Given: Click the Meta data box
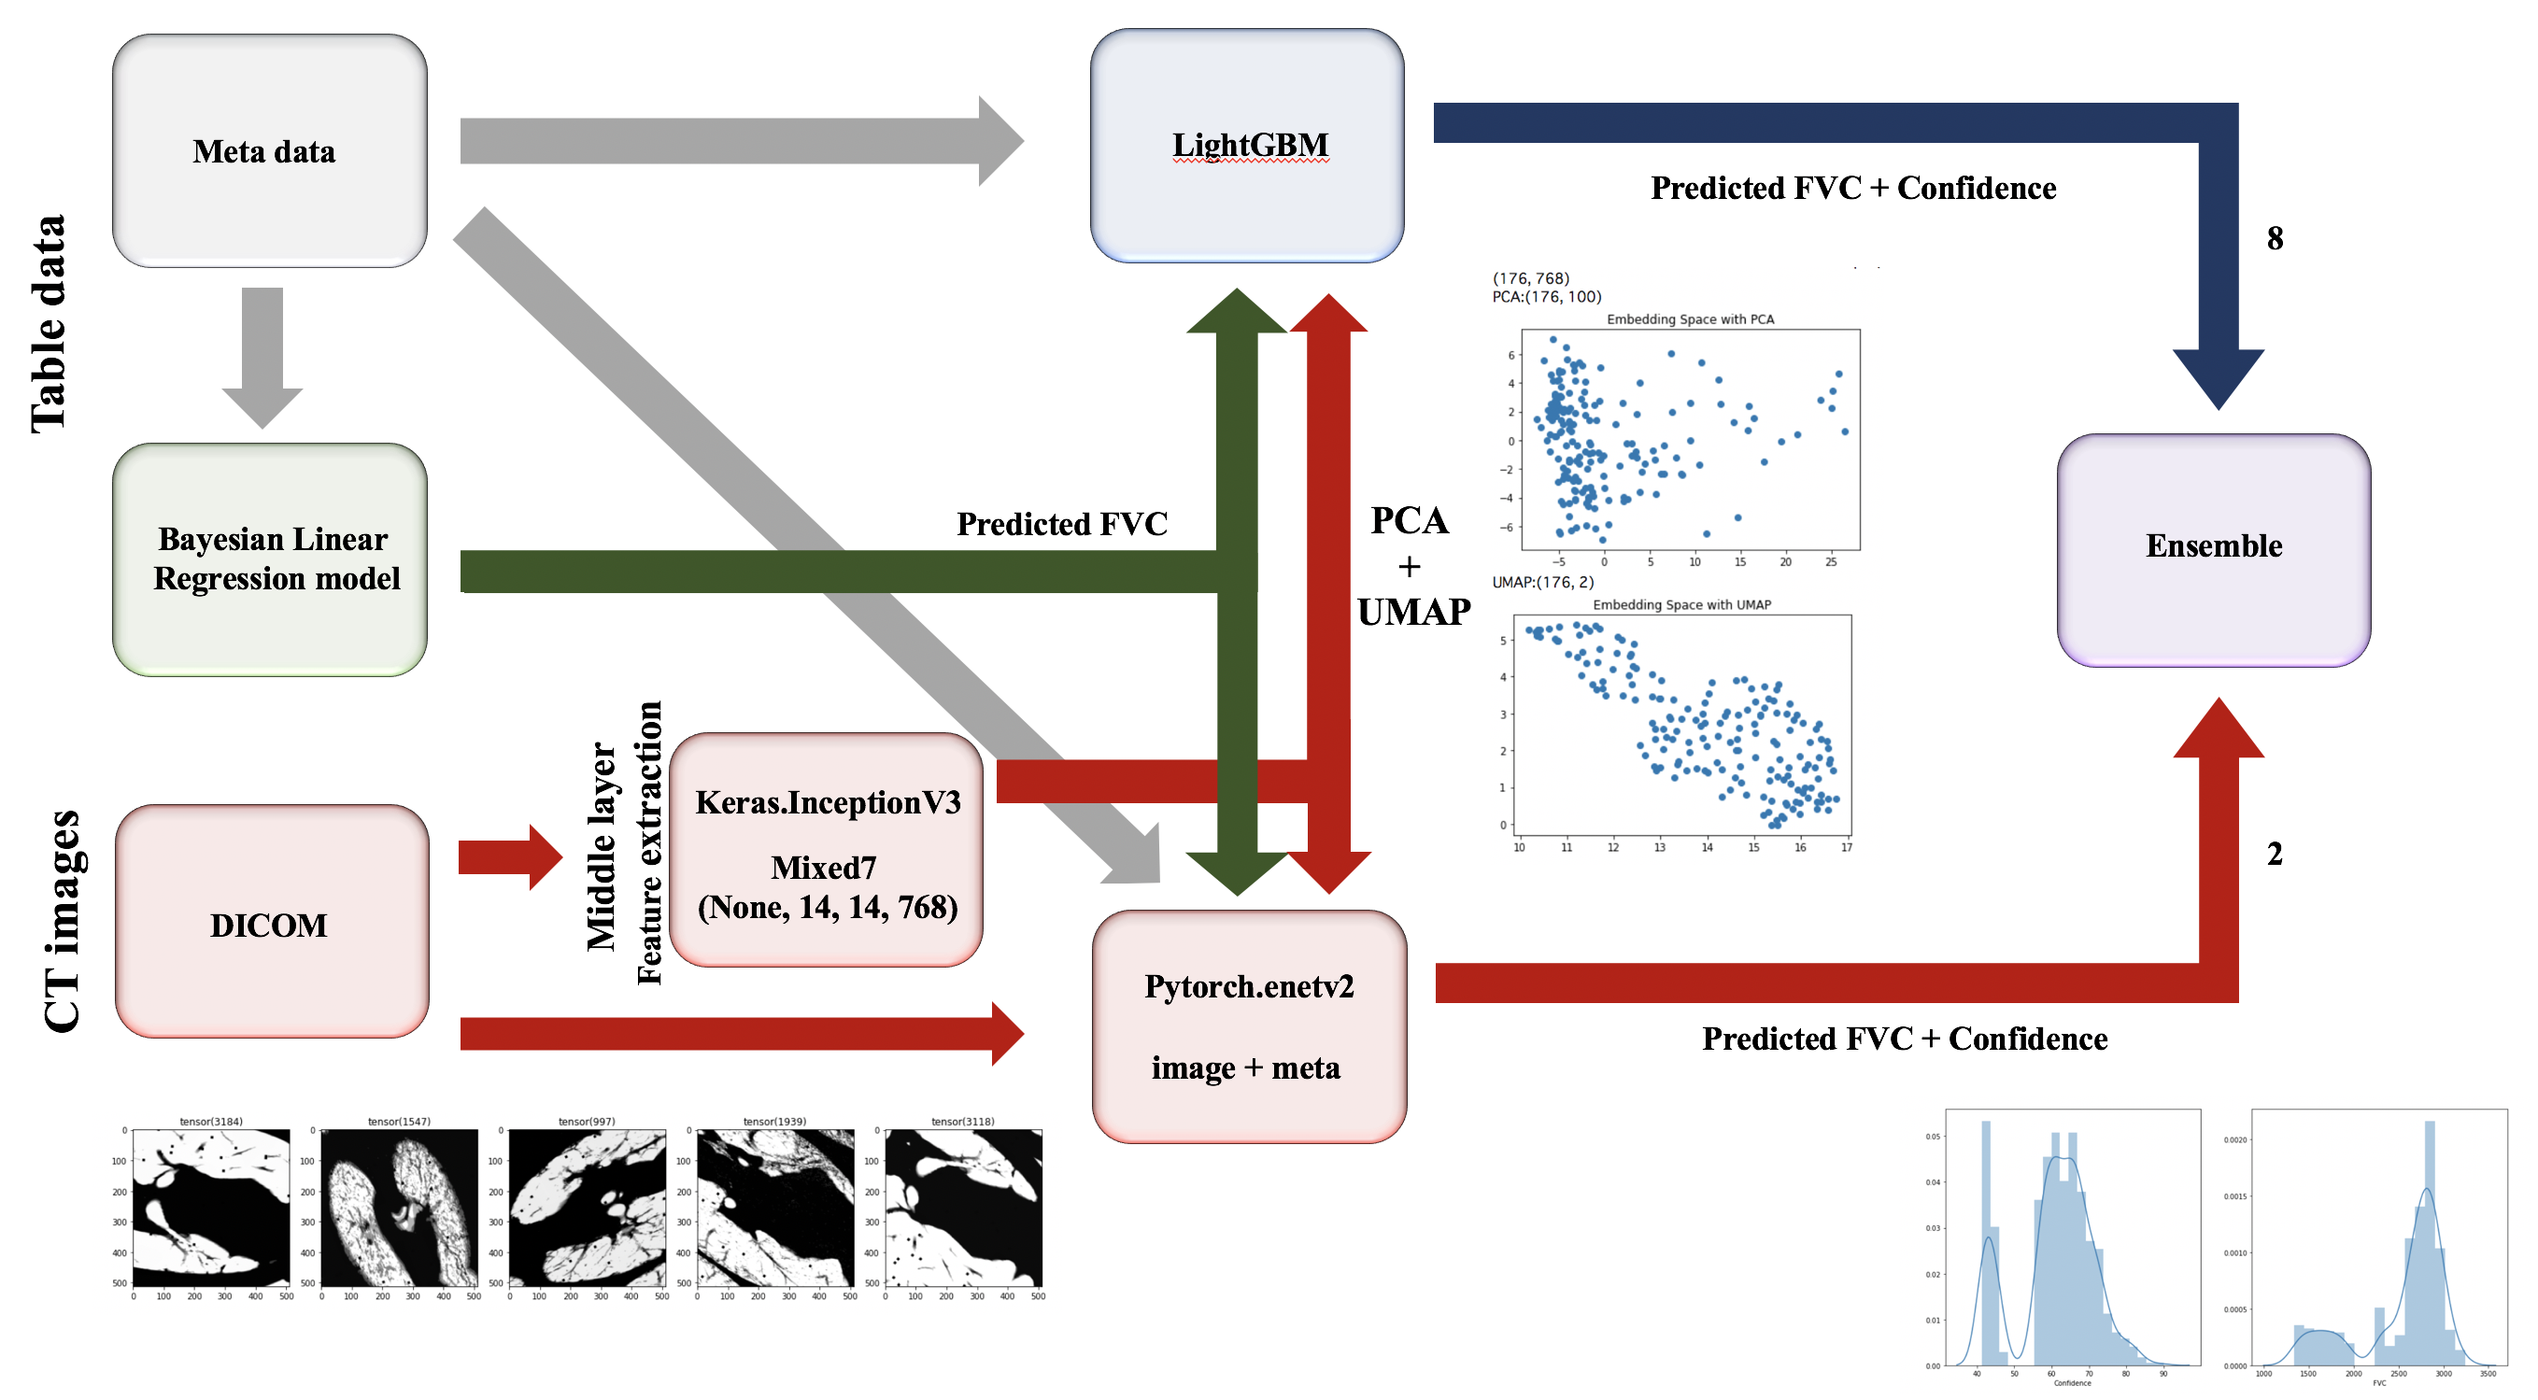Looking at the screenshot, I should [269, 150].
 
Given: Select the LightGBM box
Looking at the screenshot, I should [1246, 146].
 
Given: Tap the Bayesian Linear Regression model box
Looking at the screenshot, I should [269, 559].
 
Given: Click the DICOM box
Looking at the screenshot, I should [271, 921].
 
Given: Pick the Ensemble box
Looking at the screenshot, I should [2213, 550].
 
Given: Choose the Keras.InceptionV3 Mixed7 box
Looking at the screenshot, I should [826, 849].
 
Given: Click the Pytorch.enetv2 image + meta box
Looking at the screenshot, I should [1248, 1025].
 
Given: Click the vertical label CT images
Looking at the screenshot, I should [61, 920].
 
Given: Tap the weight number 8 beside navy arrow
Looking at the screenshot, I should [2274, 238].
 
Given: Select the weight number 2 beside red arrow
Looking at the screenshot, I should [2274, 854].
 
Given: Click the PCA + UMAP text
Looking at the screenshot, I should [1411, 567].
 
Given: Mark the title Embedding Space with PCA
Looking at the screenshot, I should [1690, 319].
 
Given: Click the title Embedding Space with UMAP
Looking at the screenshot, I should [1680, 605].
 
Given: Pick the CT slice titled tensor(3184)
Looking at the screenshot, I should [211, 1208].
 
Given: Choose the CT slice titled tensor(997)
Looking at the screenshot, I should [588, 1208].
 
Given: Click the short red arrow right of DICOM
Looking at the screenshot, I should [508, 857].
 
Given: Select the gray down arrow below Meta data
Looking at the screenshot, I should [262, 356].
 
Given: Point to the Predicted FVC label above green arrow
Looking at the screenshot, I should [1061, 524].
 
